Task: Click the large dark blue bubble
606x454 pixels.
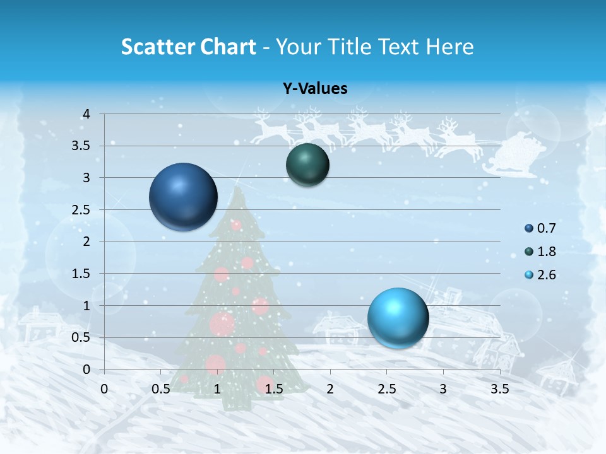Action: point(183,197)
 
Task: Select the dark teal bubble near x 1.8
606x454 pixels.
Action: point(307,165)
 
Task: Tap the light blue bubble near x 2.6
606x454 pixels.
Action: point(398,317)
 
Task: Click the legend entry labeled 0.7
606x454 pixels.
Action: point(540,228)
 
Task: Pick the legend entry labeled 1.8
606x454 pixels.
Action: point(540,252)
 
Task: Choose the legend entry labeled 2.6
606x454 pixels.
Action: point(540,275)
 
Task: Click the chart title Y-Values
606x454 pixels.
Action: point(314,89)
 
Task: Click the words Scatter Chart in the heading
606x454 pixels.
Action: point(188,47)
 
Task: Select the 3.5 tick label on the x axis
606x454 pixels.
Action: point(499,389)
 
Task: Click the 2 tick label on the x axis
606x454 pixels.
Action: point(330,389)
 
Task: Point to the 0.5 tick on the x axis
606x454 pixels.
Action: point(160,389)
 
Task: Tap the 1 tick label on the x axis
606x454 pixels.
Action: point(217,389)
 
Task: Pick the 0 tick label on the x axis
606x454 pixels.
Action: point(104,389)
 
